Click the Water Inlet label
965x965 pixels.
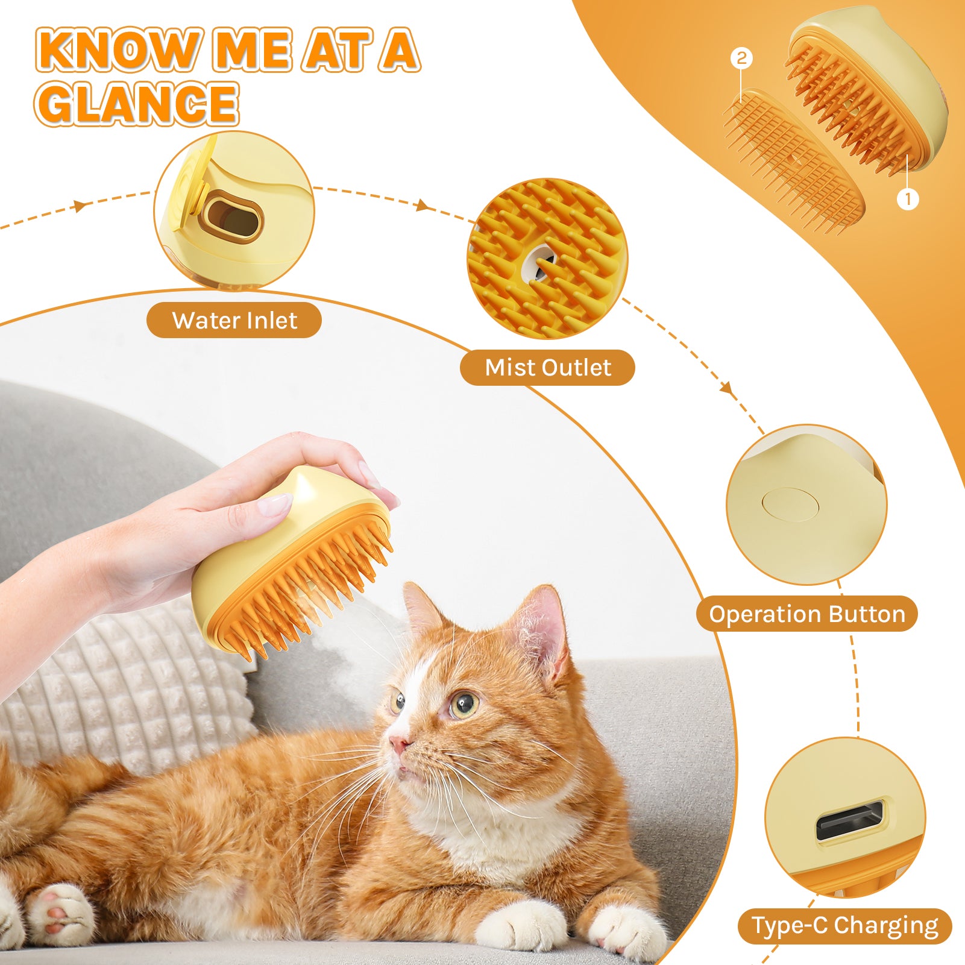[234, 320]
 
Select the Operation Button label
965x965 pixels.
[806, 614]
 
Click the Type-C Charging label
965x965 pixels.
[844, 925]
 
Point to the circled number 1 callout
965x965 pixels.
[908, 198]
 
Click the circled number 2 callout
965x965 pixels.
[741, 58]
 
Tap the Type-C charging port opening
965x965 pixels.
[850, 820]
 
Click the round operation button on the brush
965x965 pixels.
[790, 504]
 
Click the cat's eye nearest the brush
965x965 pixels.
[398, 701]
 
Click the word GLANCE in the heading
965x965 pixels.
[137, 103]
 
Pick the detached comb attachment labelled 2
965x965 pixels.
[793, 159]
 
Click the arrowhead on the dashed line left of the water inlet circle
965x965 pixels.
[79, 206]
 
